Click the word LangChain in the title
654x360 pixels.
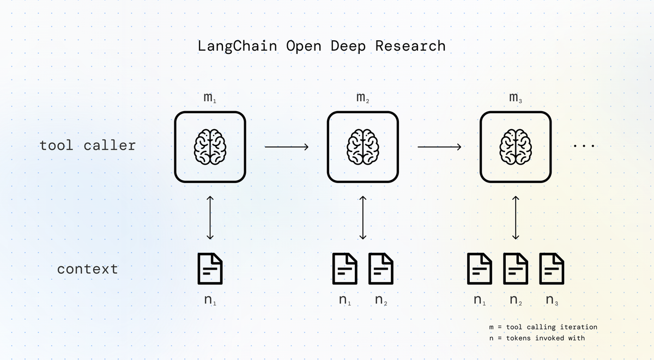[238, 46]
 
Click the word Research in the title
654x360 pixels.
[410, 46]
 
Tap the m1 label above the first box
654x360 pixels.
[210, 97]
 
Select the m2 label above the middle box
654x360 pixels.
[363, 97]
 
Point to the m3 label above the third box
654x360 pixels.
[516, 97]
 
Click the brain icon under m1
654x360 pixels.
[210, 147]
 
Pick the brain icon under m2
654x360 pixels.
[363, 147]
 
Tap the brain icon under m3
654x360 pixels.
[516, 147]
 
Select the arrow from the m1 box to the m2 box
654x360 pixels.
[287, 147]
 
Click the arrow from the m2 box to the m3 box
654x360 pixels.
[439, 147]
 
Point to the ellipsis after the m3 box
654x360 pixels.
[584, 145]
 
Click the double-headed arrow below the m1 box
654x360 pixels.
[210, 218]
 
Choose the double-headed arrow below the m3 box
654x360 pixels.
[516, 218]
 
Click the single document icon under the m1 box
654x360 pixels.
[210, 269]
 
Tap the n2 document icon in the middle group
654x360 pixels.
[381, 269]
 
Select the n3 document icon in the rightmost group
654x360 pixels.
[552, 269]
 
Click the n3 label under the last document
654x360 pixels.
[552, 300]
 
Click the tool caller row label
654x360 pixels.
[88, 145]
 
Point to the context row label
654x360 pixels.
[88, 269]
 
